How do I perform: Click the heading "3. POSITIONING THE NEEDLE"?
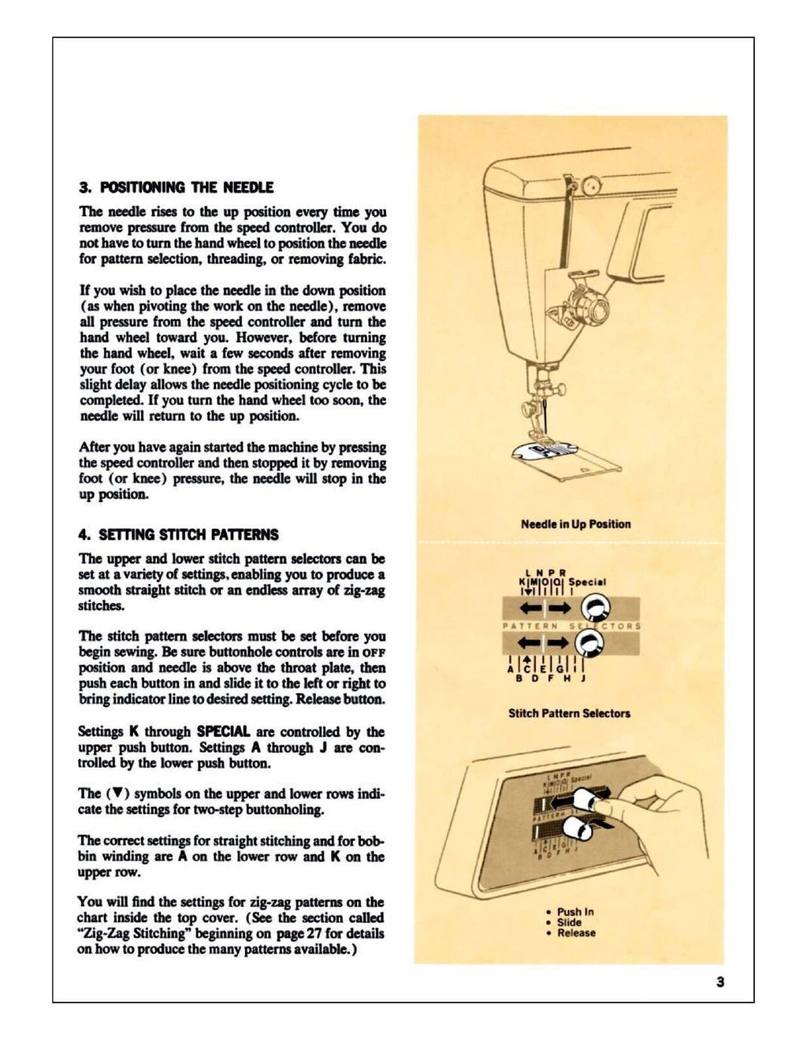coord(176,188)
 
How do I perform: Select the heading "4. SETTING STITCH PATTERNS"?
coord(178,534)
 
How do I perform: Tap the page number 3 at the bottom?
coord(720,982)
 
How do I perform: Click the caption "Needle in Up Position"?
coord(575,524)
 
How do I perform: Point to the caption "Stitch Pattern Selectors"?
coord(569,713)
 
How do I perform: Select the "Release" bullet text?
coord(576,933)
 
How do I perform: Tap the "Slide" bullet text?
coord(569,922)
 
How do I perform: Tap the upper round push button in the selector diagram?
coord(596,608)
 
